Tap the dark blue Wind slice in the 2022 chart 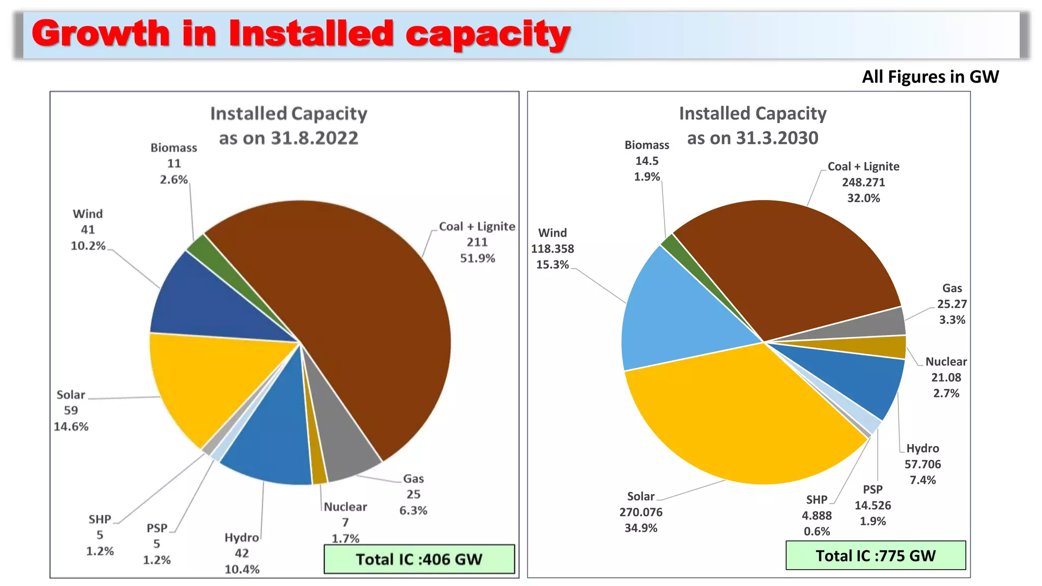[x=214, y=300]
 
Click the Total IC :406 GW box [x=419, y=559]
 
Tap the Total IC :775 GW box [x=875, y=555]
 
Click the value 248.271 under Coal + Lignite [x=863, y=182]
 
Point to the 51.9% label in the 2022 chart [x=477, y=258]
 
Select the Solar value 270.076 [x=641, y=512]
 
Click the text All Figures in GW [x=930, y=77]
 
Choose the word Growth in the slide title [x=100, y=34]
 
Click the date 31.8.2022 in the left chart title [x=314, y=138]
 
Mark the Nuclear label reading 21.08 [x=946, y=377]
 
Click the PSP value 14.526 [x=873, y=505]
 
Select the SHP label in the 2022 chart [x=100, y=519]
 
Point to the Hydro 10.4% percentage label [x=242, y=570]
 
